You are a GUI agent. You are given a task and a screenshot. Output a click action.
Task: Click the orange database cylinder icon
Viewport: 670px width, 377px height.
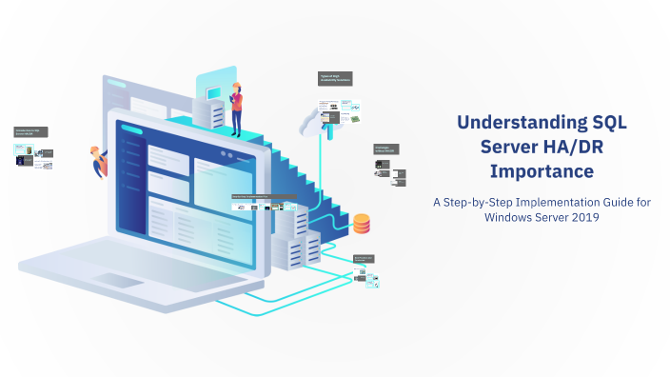[x=362, y=225]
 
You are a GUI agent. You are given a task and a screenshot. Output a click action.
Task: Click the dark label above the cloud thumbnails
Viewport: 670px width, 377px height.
[x=335, y=78]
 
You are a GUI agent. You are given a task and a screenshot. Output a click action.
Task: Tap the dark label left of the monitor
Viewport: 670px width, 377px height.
[x=31, y=132]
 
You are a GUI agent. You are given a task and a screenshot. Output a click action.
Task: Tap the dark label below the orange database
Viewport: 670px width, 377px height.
[x=366, y=258]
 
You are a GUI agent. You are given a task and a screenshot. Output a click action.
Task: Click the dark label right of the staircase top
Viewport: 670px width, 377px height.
[x=385, y=149]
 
